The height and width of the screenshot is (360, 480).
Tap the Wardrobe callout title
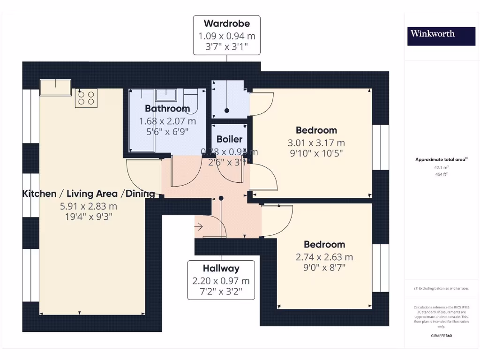[226, 23]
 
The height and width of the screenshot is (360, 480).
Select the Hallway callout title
[221, 269]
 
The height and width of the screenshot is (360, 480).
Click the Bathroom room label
[167, 109]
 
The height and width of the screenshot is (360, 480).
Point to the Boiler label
[229, 139]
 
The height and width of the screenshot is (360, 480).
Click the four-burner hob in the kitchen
[86, 98]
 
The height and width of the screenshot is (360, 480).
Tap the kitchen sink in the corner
[55, 87]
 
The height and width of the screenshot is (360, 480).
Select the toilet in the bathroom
[191, 99]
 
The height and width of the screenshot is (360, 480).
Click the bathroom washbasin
[166, 95]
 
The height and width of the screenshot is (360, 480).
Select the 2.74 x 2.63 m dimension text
[324, 257]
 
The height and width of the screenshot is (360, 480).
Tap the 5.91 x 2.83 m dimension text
[89, 206]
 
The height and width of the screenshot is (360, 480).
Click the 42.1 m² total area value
[441, 167]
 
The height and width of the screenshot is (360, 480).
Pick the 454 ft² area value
[441, 173]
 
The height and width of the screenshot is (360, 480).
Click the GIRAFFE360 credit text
[441, 336]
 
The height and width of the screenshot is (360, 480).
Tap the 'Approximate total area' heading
[441, 160]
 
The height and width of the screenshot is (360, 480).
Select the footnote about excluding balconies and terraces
[441, 288]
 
